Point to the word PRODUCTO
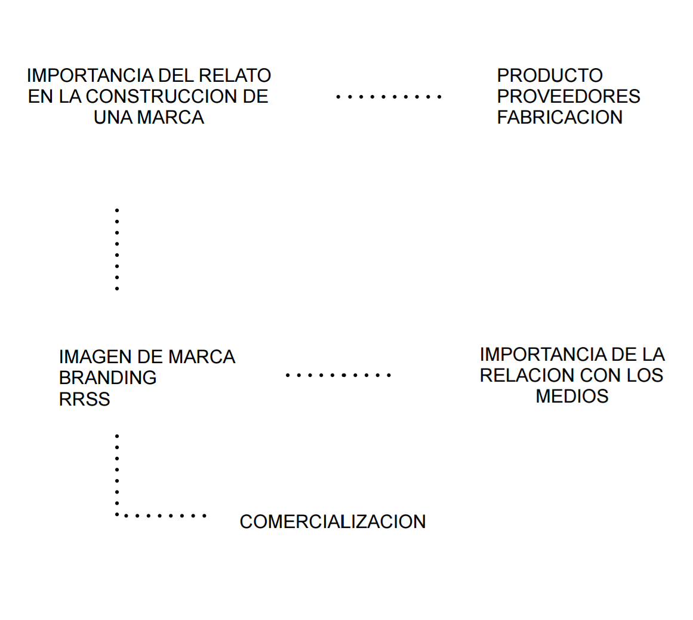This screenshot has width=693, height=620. pyautogui.click(x=550, y=76)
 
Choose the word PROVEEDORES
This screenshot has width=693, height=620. pyautogui.click(x=568, y=97)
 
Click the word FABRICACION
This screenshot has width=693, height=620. pyautogui.click(x=559, y=118)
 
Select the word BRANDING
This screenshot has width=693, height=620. pyautogui.click(x=107, y=378)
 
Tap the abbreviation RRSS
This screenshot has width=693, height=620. pyautogui.click(x=84, y=399)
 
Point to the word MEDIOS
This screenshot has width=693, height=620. pyautogui.click(x=572, y=397)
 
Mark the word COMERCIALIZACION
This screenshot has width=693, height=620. pyautogui.click(x=332, y=522)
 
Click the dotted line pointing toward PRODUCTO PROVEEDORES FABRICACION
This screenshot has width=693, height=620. pyautogui.click(x=388, y=96)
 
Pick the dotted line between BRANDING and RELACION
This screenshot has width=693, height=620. pyautogui.click(x=337, y=375)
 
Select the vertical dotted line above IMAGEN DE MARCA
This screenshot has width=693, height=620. pyautogui.click(x=117, y=250)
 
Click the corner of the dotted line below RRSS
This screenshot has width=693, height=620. pyautogui.click(x=118, y=514)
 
